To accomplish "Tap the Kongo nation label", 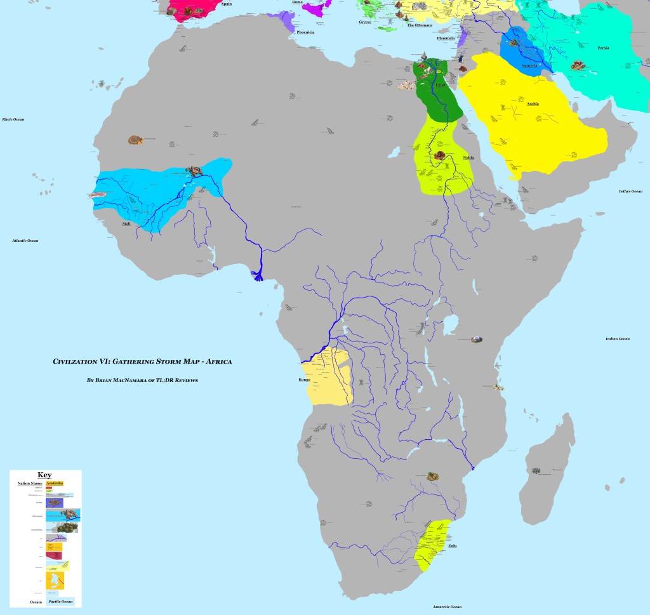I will pyautogui.click(x=304, y=380).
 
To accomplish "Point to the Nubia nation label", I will pyautogui.click(x=468, y=157).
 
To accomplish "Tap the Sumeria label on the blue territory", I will pyautogui.click(x=529, y=65).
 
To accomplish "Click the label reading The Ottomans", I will pyautogui.click(x=419, y=25).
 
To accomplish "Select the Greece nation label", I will pyautogui.click(x=365, y=22).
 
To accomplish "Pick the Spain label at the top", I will pyautogui.click(x=226, y=4).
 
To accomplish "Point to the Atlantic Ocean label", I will pyautogui.click(x=25, y=241).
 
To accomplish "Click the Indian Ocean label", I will pyautogui.click(x=617, y=339).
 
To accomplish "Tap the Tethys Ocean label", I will pyautogui.click(x=632, y=191).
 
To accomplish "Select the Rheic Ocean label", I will pyautogui.click(x=13, y=119).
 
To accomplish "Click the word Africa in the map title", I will pyautogui.click(x=219, y=362).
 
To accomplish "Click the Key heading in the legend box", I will pyautogui.click(x=44, y=475).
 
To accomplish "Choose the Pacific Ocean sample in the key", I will pyautogui.click(x=61, y=601).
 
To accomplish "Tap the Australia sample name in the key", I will pyautogui.click(x=55, y=483).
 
